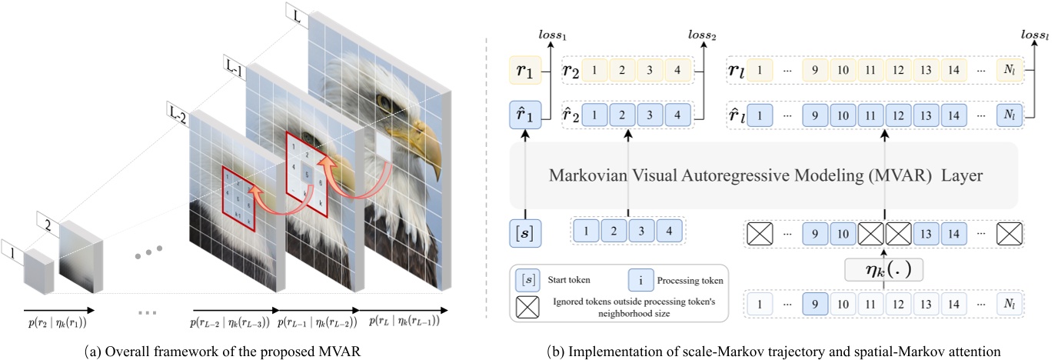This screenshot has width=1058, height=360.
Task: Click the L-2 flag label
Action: (x=178, y=114)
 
